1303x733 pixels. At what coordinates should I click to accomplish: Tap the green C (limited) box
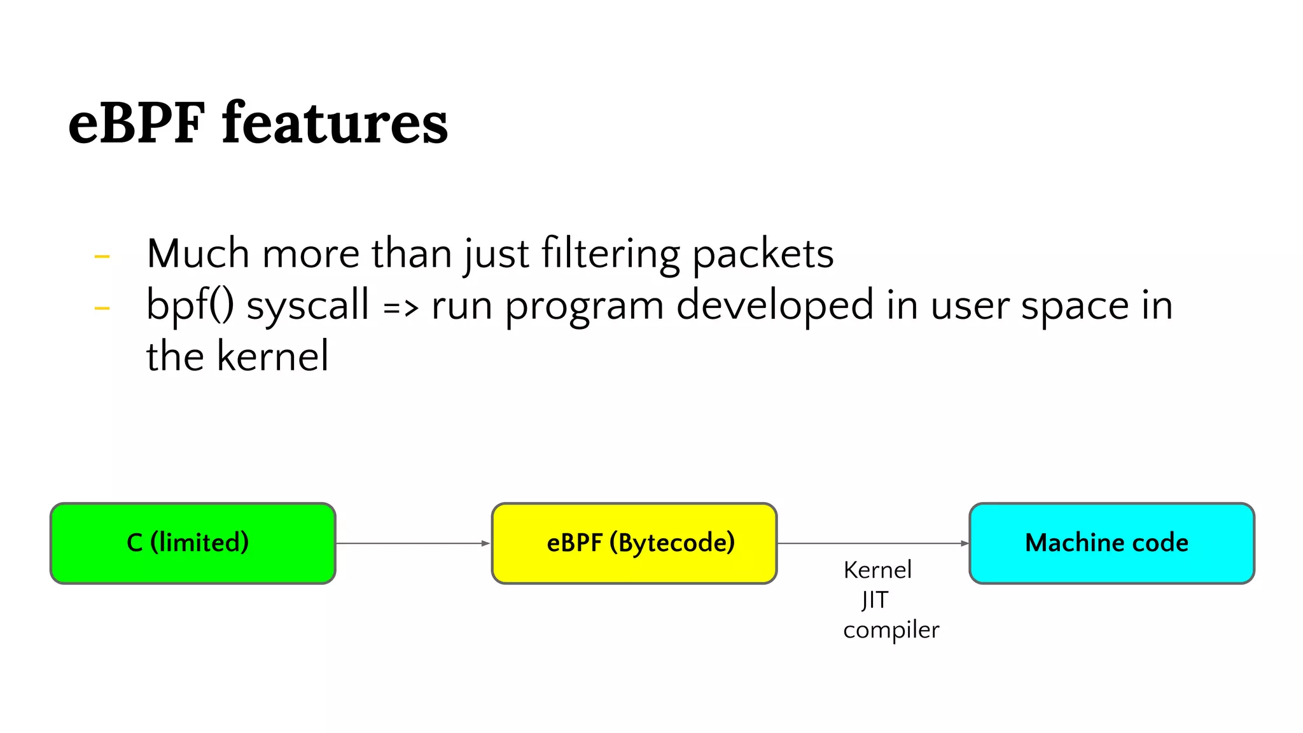pyautogui.click(x=193, y=543)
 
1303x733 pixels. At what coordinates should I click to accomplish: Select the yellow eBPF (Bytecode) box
pyautogui.click(x=634, y=543)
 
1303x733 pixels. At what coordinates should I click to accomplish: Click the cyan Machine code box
pyautogui.click(x=1111, y=543)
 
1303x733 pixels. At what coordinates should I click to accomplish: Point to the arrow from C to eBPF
pyautogui.click(x=412, y=543)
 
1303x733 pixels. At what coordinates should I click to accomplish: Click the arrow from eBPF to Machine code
pyautogui.click(x=872, y=543)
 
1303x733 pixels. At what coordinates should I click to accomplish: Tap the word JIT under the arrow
pyautogui.click(x=875, y=599)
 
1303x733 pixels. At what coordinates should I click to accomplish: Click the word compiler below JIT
pyautogui.click(x=891, y=630)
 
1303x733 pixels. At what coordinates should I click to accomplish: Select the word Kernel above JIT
pyautogui.click(x=877, y=569)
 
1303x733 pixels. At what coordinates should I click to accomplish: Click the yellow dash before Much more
pyautogui.click(x=102, y=257)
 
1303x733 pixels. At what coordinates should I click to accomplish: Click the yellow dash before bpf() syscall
pyautogui.click(x=102, y=309)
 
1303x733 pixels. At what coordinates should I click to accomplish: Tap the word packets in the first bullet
pyautogui.click(x=762, y=254)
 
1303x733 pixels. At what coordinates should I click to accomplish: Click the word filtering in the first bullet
pyautogui.click(x=611, y=254)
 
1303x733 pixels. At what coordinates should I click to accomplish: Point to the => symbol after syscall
pyautogui.click(x=401, y=308)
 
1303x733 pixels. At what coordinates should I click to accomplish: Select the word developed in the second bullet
pyautogui.click(x=775, y=305)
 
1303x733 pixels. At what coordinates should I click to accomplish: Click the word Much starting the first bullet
pyautogui.click(x=198, y=254)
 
